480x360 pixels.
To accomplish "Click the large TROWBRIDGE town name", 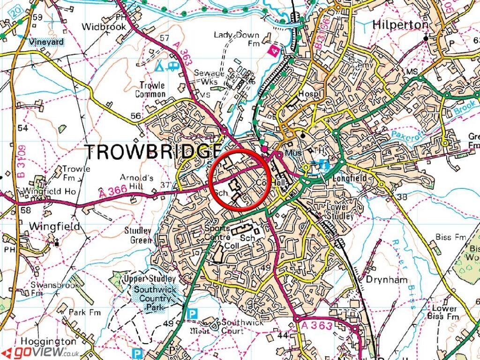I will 153,152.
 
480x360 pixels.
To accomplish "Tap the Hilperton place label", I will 400,25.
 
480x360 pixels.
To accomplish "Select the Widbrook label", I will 104,27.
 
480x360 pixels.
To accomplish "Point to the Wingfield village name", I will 54,226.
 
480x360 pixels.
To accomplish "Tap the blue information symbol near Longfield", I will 323,165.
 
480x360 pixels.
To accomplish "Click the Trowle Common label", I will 151,90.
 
